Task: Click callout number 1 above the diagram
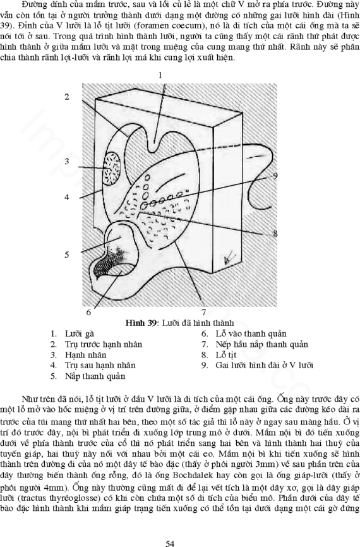coord(160,75)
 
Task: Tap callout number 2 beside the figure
coord(67,97)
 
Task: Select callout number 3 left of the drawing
coord(66,162)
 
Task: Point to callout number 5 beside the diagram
coord(66,255)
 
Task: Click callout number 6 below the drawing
coord(88,312)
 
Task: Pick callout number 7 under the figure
coord(204,312)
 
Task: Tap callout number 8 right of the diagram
coord(275,233)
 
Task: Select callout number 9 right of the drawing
coord(275,176)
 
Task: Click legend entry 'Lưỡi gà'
coord(80,334)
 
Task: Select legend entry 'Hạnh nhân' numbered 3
coord(86,355)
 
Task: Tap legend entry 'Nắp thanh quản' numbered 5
coord(95,376)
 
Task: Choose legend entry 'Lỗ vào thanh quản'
coord(251,334)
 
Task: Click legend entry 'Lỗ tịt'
coord(226,355)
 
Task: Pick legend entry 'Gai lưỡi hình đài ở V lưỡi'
coord(265,365)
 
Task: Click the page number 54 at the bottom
coord(170,543)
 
